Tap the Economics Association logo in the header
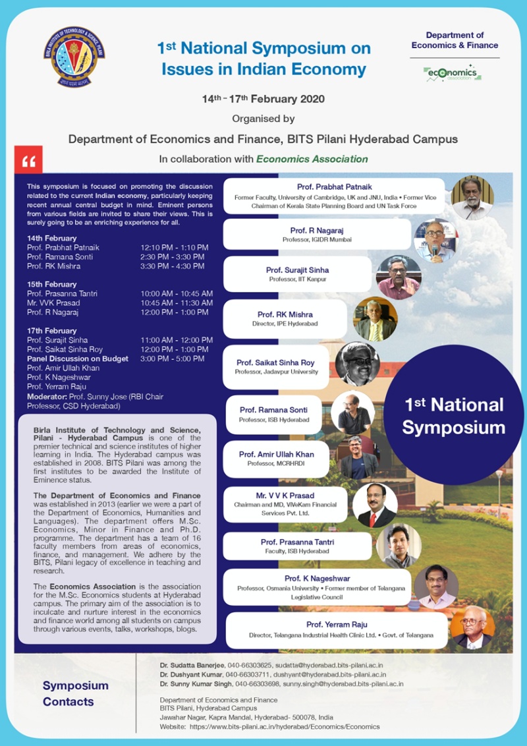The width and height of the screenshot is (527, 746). (x=453, y=72)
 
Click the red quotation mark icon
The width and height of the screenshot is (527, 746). (x=28, y=160)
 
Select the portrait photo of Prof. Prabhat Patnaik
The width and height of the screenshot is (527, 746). (x=472, y=197)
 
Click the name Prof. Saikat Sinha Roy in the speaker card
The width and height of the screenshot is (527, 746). (x=275, y=362)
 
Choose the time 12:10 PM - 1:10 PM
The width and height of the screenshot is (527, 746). (x=174, y=248)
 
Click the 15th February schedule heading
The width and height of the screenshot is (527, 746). (x=52, y=284)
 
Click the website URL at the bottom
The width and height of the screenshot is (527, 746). (x=284, y=726)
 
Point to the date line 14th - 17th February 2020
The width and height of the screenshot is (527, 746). (x=263, y=99)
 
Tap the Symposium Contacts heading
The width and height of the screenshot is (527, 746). (x=76, y=694)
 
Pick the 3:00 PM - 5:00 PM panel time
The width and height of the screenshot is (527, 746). (x=172, y=359)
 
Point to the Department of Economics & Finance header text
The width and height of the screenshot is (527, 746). (x=455, y=40)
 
